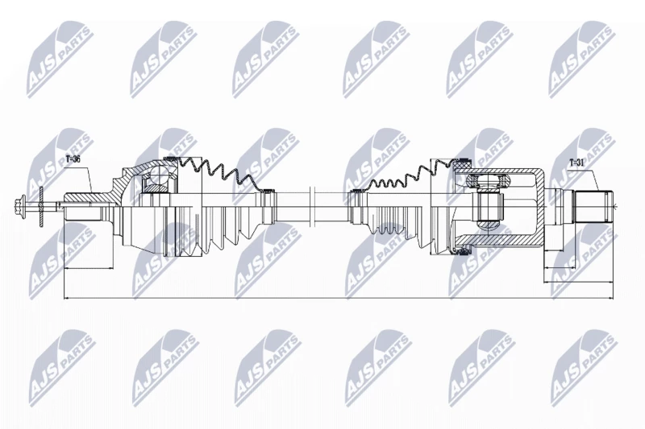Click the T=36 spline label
[x=73, y=159]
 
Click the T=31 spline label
[x=576, y=162]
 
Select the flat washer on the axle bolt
[x=41, y=207]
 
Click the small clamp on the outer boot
[x=268, y=191]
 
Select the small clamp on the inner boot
[x=356, y=192]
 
